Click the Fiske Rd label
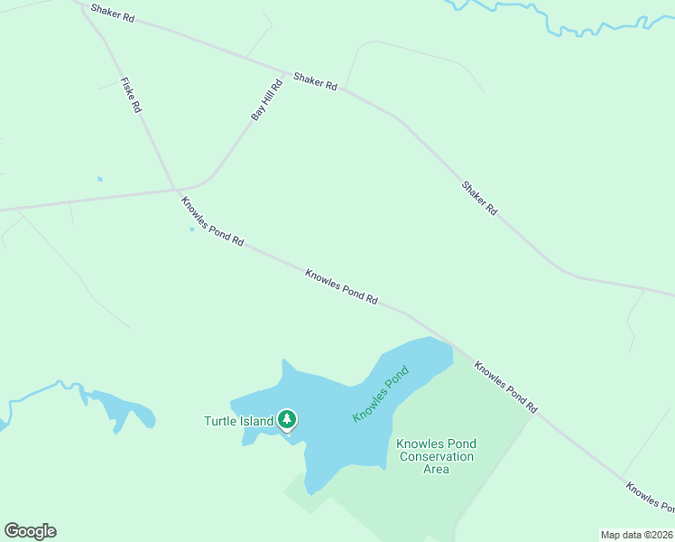[132, 95]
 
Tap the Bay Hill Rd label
[267, 100]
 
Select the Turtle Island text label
[238, 421]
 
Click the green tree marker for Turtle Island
[287, 419]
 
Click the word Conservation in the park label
[437, 456]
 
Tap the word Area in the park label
[437, 469]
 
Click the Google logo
[30, 531]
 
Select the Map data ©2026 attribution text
[636, 535]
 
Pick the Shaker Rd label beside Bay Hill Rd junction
[315, 80]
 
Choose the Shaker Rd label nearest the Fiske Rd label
[112, 13]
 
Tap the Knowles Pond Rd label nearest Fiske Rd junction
[212, 221]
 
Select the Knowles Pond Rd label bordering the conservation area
[505, 388]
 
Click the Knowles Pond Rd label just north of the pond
[341, 286]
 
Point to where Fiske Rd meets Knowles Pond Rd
[175, 189]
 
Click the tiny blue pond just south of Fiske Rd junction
[191, 229]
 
